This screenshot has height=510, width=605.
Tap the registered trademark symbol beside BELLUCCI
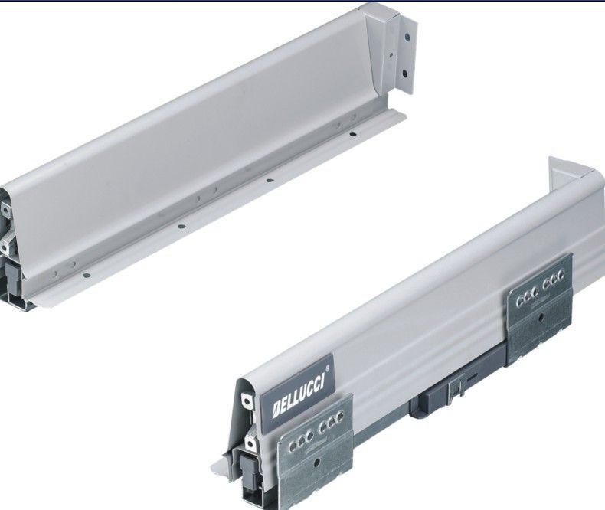[328, 368]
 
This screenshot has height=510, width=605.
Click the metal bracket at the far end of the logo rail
[540, 309]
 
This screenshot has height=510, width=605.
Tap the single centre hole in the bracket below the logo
[316, 462]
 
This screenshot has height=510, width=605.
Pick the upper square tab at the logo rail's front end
[245, 400]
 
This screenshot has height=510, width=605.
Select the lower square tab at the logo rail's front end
[250, 443]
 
